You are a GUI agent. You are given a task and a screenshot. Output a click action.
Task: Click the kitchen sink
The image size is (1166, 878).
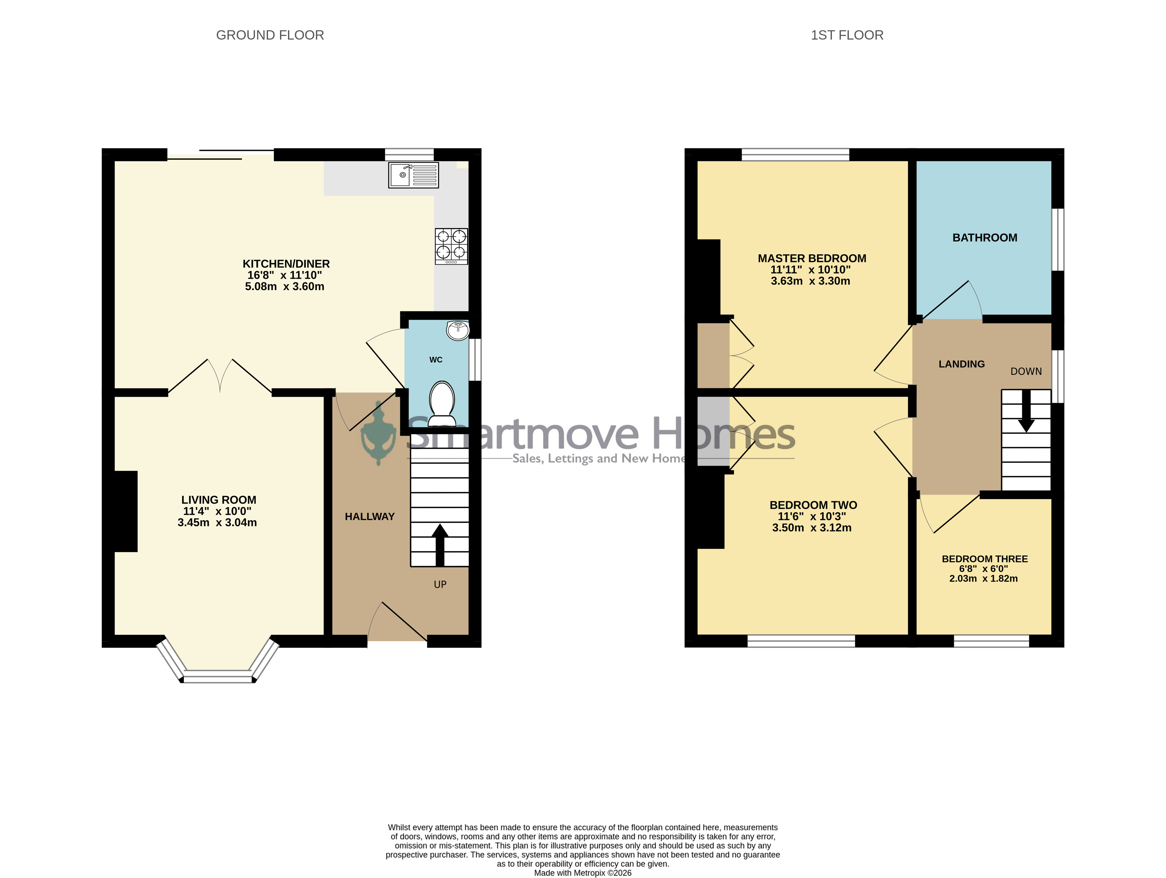[413, 175]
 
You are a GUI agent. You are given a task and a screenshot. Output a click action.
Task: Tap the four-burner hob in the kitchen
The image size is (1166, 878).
[451, 246]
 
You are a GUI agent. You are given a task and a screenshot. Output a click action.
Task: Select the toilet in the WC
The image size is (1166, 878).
[442, 403]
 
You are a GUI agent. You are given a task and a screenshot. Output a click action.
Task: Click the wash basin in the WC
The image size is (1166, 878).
[457, 331]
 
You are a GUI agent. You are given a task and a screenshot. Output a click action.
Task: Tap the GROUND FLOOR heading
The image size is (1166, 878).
[270, 35]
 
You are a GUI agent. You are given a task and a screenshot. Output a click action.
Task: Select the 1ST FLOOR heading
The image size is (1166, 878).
[847, 35]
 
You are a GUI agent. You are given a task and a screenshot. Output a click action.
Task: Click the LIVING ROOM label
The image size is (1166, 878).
[219, 500]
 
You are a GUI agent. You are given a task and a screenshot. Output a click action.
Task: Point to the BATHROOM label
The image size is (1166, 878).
[985, 238]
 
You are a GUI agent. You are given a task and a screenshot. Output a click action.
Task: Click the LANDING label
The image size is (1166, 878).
[962, 364]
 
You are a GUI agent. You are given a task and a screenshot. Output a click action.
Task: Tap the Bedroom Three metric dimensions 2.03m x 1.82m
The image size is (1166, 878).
[983, 578]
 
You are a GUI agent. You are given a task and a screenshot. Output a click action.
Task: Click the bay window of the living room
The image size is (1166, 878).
[218, 662]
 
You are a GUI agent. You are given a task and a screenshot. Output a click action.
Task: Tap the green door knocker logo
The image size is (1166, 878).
[378, 433]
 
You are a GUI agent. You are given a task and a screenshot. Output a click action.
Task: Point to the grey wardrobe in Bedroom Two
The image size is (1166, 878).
[713, 431]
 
